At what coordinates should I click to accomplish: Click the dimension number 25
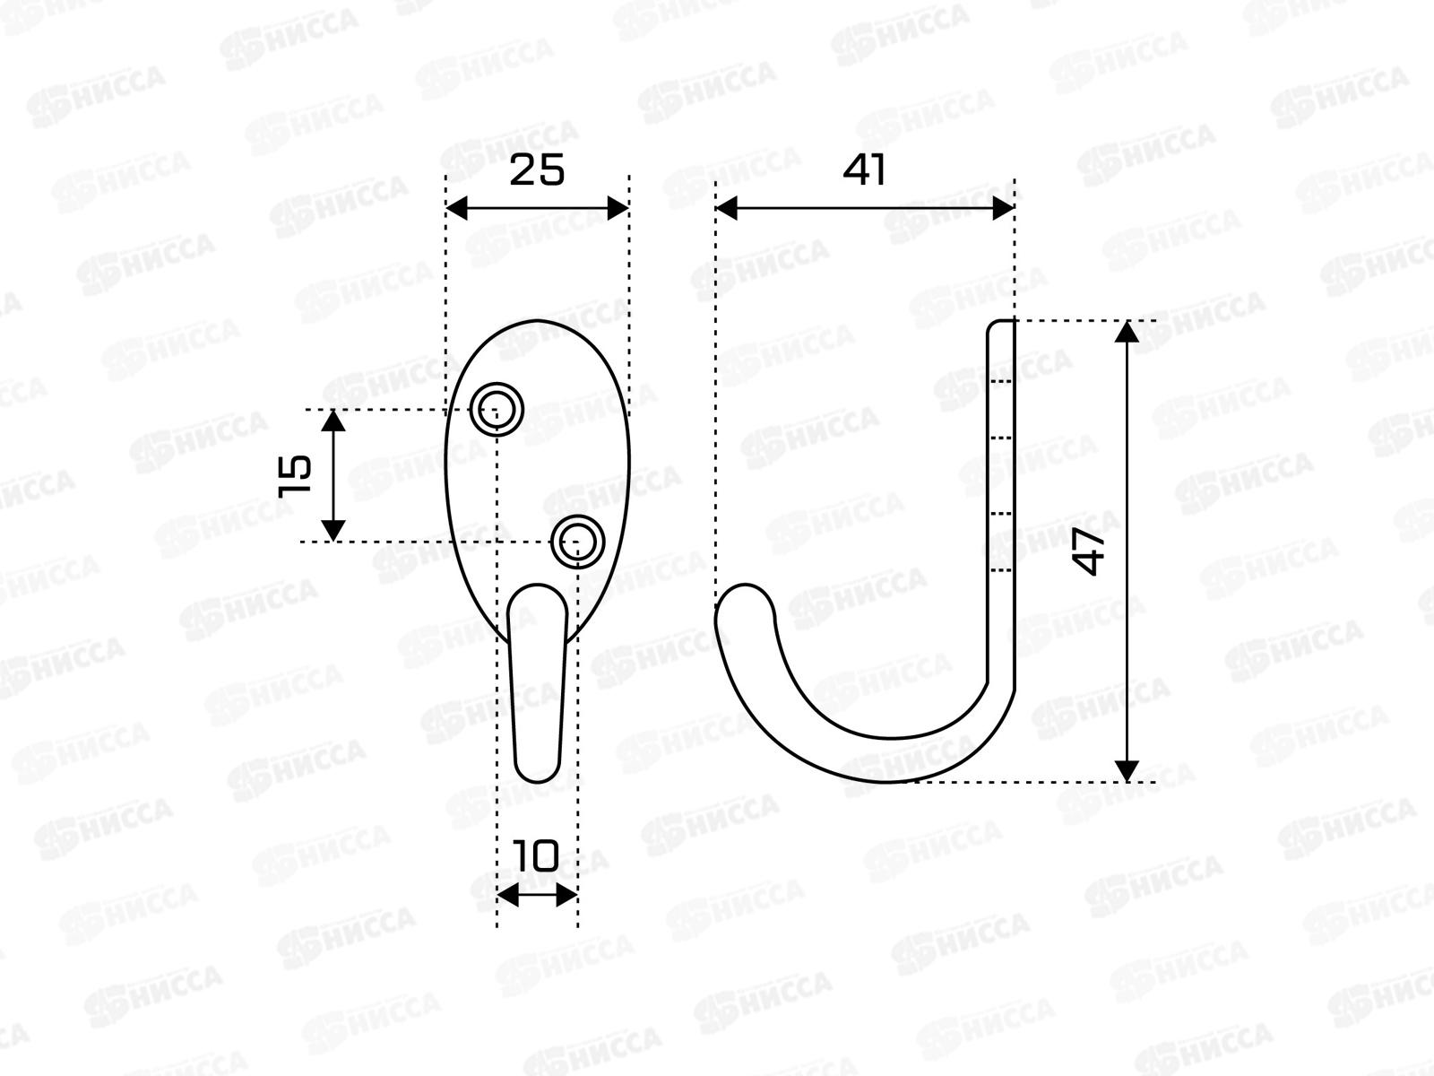click(536, 169)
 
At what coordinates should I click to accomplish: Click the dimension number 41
click(864, 169)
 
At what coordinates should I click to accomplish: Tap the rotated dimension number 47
click(1089, 551)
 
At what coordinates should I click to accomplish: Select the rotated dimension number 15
click(295, 475)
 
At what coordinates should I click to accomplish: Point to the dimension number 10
click(536, 855)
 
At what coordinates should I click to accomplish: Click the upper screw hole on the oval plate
click(497, 410)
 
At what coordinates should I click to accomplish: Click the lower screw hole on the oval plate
click(577, 542)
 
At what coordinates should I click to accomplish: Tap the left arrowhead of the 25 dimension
click(457, 208)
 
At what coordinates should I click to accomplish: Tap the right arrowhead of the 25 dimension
click(618, 208)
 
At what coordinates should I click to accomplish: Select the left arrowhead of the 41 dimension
click(727, 208)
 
